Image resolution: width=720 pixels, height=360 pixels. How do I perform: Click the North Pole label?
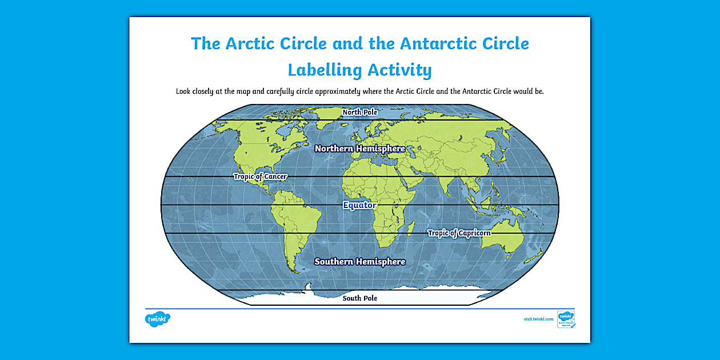[x=360, y=112]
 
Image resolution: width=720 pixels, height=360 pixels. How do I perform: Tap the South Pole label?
[x=360, y=298]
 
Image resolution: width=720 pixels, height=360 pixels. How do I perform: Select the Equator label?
[x=360, y=205]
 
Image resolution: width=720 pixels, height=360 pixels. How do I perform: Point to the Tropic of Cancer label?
[x=260, y=177]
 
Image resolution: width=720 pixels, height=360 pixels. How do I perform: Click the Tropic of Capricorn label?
[x=459, y=233]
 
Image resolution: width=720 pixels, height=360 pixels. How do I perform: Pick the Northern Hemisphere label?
[x=360, y=149]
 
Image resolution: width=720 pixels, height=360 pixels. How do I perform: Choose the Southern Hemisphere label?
[x=360, y=262]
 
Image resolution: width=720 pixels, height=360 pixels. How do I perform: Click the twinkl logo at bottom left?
[x=158, y=318]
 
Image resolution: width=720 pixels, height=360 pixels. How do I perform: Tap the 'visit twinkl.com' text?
[x=538, y=319]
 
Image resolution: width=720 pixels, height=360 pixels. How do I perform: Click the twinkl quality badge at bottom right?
[x=566, y=319]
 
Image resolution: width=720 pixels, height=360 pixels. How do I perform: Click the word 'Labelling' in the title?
[x=323, y=70]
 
